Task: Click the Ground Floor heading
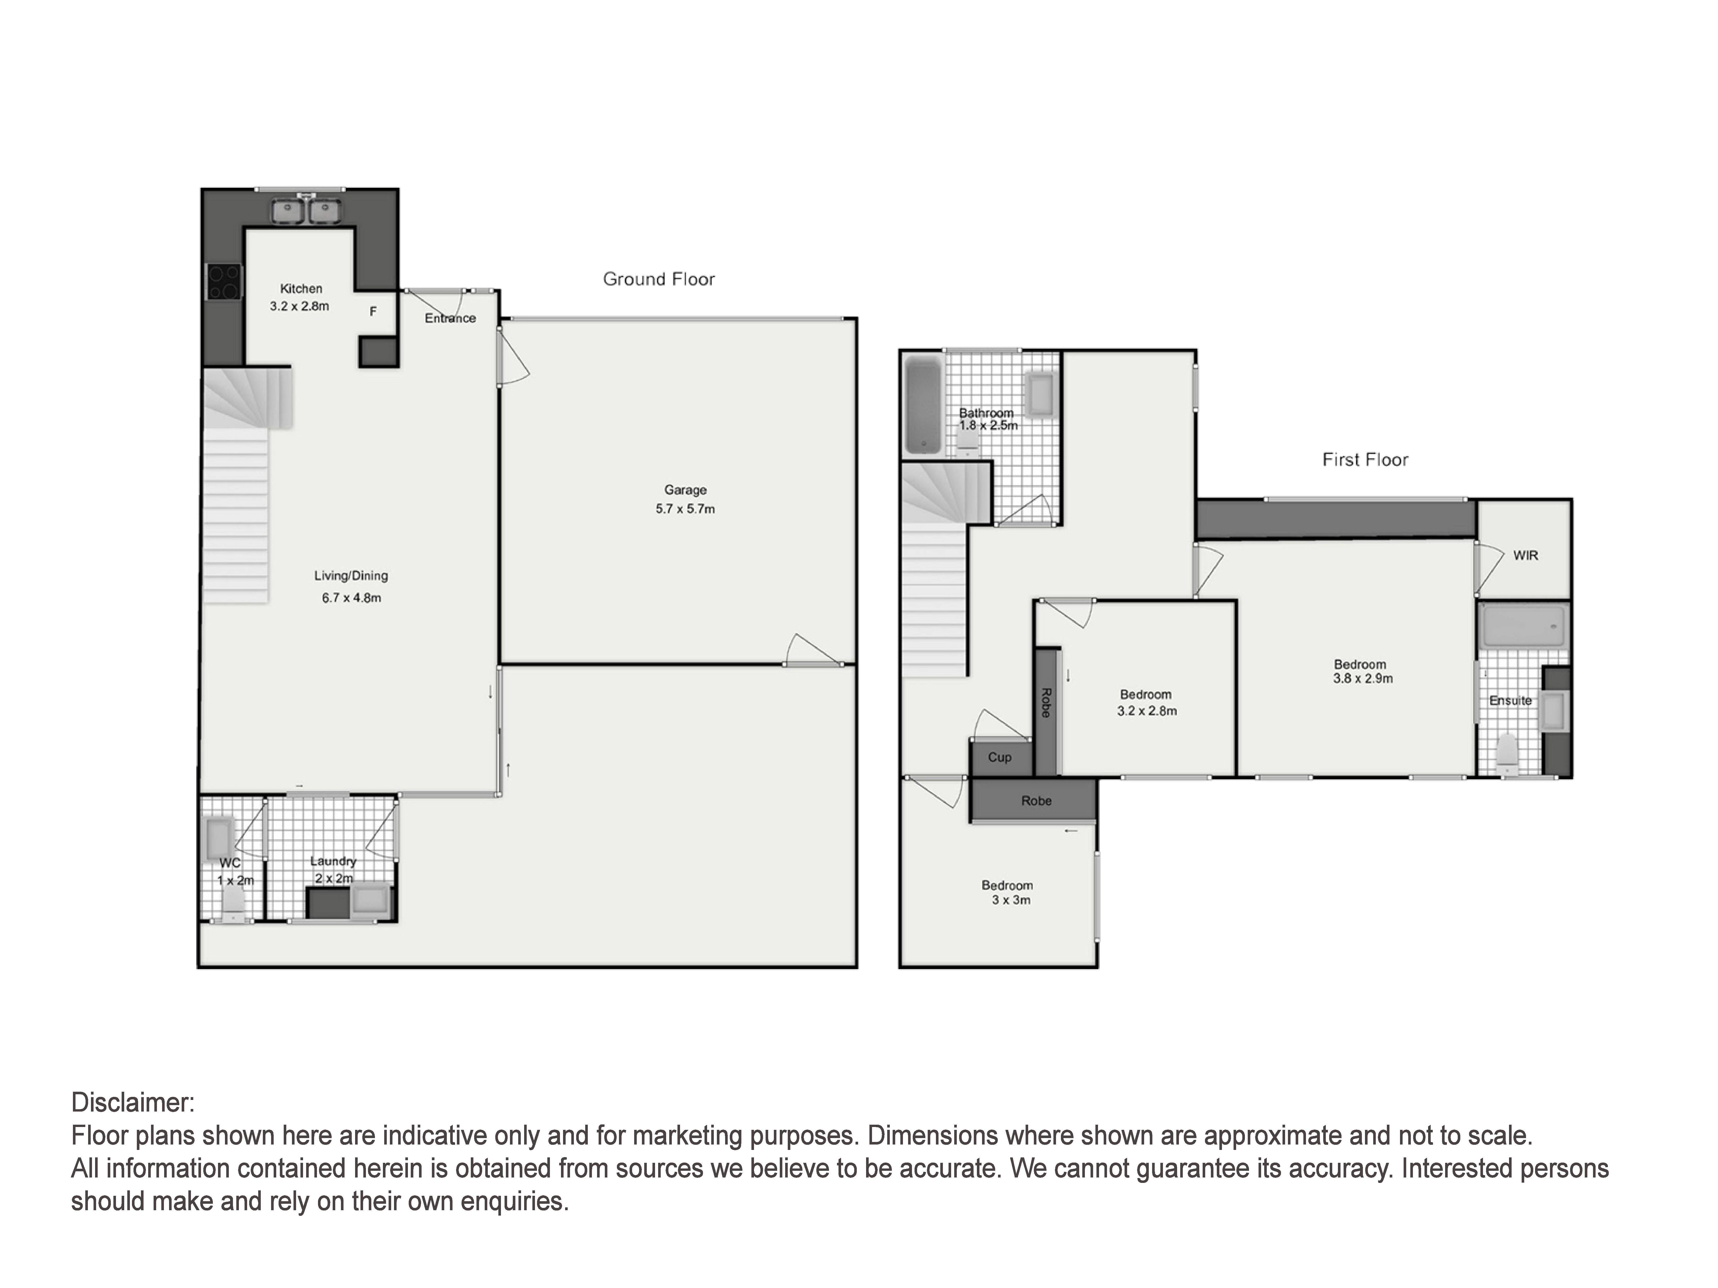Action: (659, 279)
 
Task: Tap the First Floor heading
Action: (1365, 460)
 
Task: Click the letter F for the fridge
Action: (373, 311)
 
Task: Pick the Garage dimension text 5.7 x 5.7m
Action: (685, 509)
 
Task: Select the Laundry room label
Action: (333, 861)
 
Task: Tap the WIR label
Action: (1526, 556)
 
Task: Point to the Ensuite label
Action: (1511, 700)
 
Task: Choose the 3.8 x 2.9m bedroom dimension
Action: (1363, 679)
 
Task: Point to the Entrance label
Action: (450, 318)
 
